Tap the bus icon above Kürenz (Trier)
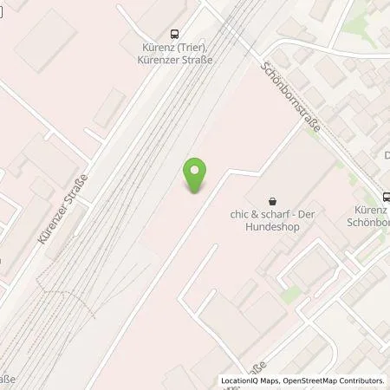[175, 35]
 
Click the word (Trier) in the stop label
[191, 48]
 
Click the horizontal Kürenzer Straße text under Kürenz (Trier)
[175, 60]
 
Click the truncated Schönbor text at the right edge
[371, 222]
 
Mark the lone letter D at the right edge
[386, 155]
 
